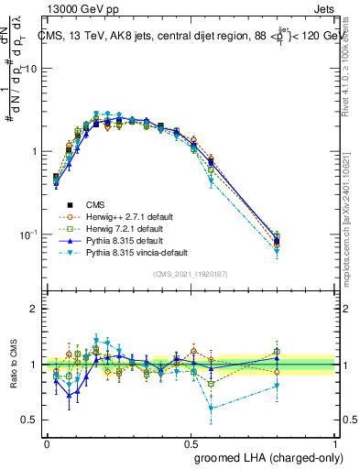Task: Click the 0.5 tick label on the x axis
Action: (x=191, y=441)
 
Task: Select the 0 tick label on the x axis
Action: (x=47, y=441)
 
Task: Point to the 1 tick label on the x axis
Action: (x=334, y=441)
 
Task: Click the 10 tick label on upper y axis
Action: (x=29, y=69)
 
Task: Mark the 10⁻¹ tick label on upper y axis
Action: (x=27, y=234)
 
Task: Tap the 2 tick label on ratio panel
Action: (x=34, y=309)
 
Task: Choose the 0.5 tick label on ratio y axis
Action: (x=29, y=420)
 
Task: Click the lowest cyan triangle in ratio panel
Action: (x=212, y=409)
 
